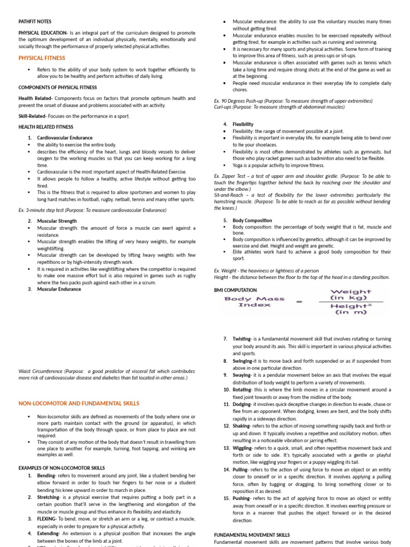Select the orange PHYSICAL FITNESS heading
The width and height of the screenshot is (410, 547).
[42, 58]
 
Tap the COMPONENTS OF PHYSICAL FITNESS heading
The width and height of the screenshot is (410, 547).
[58, 87]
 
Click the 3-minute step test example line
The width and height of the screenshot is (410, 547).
[92, 210]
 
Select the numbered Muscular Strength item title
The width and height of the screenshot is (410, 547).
[57, 221]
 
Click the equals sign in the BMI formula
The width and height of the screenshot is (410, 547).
[299, 302]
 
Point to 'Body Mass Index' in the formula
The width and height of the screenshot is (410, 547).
[255, 302]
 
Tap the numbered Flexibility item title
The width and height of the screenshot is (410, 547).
[243, 124]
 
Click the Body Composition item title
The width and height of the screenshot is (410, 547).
[252, 220]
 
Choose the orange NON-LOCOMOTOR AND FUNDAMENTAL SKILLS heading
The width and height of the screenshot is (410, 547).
[79, 403]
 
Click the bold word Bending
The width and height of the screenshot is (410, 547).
[46, 475]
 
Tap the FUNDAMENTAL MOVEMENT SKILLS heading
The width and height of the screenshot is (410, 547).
[252, 535]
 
